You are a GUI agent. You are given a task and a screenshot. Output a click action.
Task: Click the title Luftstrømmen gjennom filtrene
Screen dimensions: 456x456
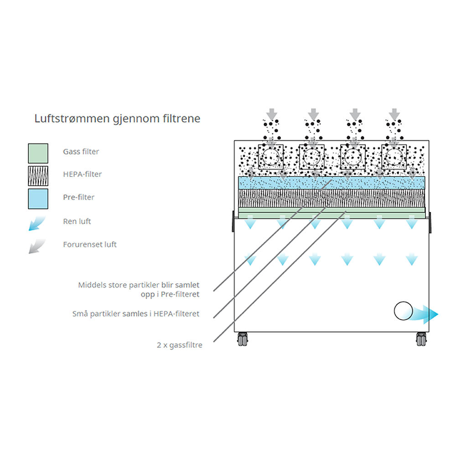117,119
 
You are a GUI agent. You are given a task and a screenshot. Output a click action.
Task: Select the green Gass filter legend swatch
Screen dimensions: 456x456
38,153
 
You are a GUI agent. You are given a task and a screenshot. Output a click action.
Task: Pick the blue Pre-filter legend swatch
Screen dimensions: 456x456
38,198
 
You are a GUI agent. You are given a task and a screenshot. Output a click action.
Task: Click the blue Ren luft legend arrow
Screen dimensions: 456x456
37,223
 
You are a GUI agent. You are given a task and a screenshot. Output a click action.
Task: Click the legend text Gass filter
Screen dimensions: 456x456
81,151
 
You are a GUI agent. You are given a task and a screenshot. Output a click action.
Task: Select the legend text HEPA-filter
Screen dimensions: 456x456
82,174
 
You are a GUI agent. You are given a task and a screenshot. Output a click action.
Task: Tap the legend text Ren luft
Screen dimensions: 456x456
77,222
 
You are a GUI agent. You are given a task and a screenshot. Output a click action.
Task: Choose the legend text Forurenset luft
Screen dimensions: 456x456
90,244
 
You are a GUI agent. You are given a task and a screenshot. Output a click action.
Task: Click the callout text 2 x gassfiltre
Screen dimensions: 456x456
179,345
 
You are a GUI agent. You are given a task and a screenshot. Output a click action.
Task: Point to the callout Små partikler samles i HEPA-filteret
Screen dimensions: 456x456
136,314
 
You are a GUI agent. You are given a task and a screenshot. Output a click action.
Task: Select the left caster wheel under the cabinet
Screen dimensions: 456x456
242,339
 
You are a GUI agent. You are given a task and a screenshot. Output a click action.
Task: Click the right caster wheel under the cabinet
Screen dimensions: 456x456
420,339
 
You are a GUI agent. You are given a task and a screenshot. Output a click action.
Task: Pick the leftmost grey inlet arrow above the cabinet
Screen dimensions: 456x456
272,114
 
